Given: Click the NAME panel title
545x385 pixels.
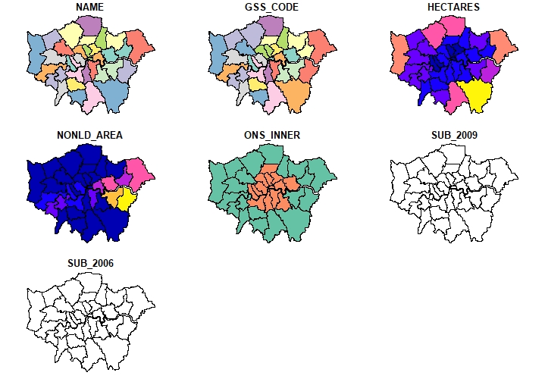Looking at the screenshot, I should [x=90, y=8].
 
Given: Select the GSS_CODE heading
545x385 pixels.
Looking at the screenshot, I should [x=272, y=8].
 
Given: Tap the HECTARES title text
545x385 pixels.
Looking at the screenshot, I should [x=454, y=8].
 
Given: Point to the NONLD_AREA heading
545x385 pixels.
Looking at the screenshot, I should [x=90, y=135].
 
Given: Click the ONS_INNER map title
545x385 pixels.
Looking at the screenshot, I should [x=272, y=135].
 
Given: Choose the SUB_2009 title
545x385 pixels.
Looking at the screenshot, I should [x=454, y=135].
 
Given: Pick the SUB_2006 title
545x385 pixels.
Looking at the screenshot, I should [x=90, y=262].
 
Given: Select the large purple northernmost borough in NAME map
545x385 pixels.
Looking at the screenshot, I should [x=92, y=27].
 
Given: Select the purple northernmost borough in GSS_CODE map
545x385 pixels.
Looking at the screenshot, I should [x=274, y=27].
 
